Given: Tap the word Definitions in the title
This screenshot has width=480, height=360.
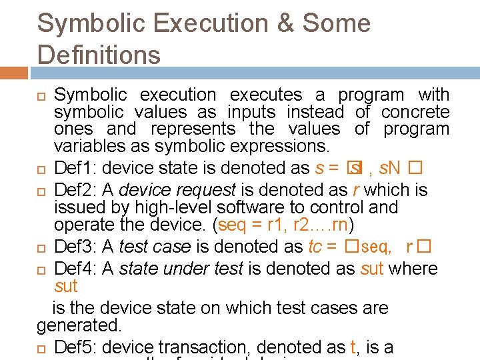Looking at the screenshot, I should pyautogui.click(x=99, y=54).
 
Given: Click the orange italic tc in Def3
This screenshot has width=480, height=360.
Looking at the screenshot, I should pyautogui.click(x=315, y=247).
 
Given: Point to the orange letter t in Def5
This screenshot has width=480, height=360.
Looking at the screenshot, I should pyautogui.click(x=353, y=347).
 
